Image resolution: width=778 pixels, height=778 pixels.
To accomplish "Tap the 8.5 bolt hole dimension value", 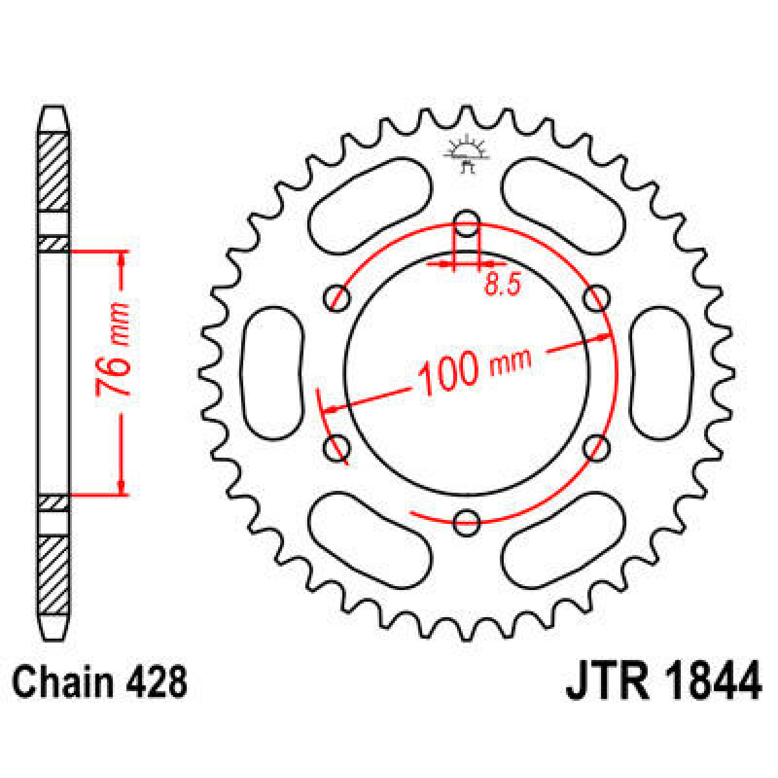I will (x=502, y=285).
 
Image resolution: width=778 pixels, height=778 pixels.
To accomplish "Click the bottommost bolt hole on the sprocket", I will (x=466, y=521).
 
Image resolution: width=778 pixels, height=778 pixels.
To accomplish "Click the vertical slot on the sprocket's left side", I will (x=273, y=373).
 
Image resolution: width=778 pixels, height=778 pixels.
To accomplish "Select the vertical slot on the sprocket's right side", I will (x=660, y=373).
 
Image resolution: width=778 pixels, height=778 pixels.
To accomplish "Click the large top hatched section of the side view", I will (x=54, y=171).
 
